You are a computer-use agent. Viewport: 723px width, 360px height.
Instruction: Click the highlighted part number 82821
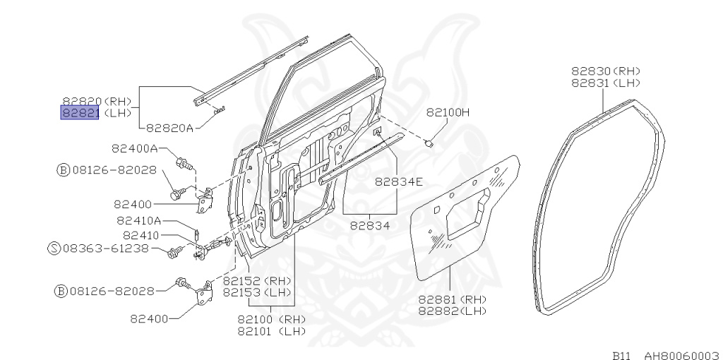point(79,113)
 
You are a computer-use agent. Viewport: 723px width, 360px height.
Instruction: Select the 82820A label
point(170,128)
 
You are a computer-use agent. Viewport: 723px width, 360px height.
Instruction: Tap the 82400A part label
point(134,148)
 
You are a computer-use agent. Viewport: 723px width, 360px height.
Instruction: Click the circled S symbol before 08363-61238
point(53,248)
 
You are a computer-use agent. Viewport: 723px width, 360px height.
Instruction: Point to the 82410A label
point(139,220)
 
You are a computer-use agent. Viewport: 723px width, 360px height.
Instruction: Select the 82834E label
point(398,181)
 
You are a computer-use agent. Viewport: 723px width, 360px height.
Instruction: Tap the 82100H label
point(448,112)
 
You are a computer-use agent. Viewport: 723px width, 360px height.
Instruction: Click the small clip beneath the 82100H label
point(429,143)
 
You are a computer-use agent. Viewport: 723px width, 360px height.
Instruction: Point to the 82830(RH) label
point(605,71)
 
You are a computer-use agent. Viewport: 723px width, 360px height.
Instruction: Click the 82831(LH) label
point(605,82)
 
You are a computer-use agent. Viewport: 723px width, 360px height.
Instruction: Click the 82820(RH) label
point(97,102)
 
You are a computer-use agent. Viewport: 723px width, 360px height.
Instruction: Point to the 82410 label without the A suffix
point(141,235)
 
